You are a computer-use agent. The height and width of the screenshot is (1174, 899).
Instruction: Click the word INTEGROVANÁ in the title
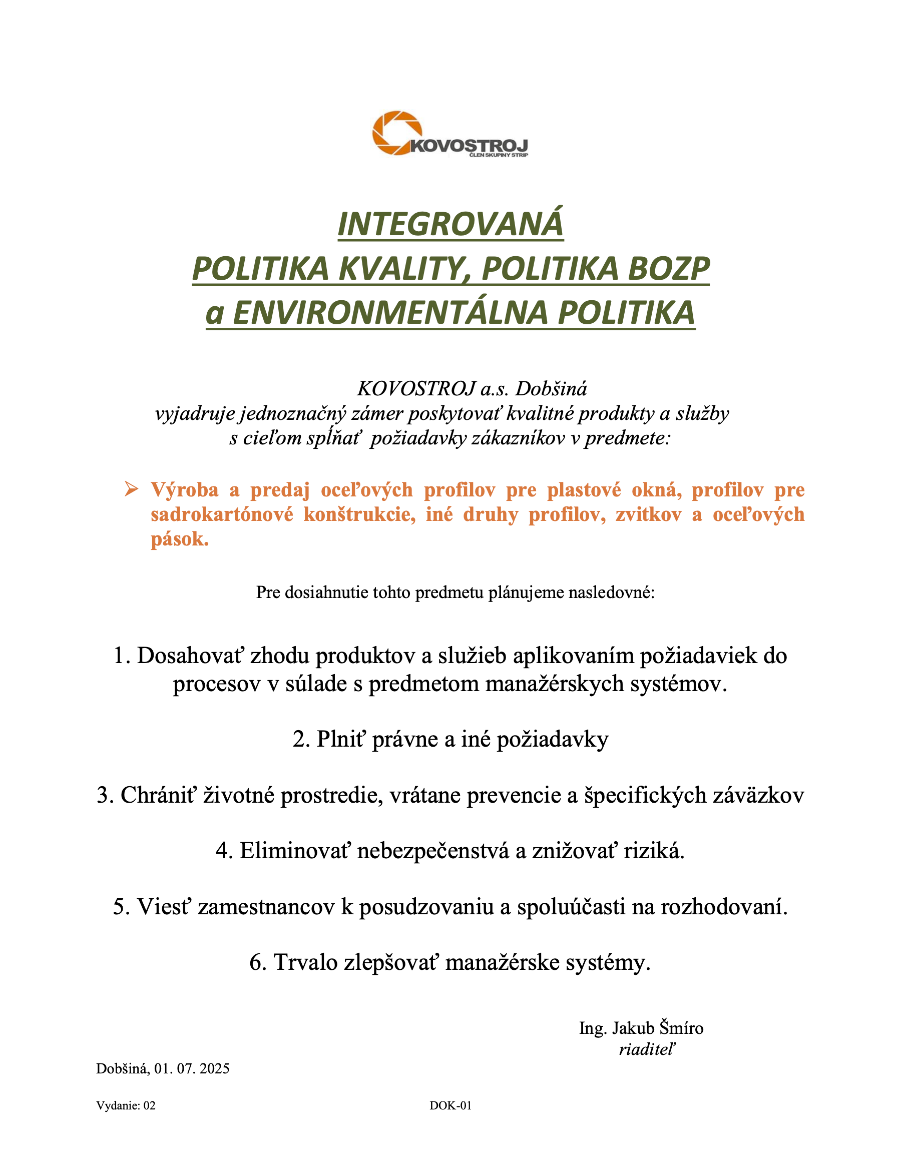tap(451, 224)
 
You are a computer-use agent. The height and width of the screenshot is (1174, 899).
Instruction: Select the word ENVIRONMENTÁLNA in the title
tap(390, 313)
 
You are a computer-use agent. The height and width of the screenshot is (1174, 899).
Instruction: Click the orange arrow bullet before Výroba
tap(131, 489)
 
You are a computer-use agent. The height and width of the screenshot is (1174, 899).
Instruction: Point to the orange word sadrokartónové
tap(222, 514)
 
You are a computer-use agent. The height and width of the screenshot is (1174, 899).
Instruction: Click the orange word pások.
tap(179, 539)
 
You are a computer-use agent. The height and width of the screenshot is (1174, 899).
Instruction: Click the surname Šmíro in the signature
tap(681, 1028)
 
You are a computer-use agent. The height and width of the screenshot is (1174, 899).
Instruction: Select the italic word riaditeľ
tap(647, 1050)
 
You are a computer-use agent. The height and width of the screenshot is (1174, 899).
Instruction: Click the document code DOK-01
tap(451, 1105)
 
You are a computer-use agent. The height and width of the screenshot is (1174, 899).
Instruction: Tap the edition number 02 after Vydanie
tap(149, 1105)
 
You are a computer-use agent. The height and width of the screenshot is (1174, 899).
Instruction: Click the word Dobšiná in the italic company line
tap(551, 389)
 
